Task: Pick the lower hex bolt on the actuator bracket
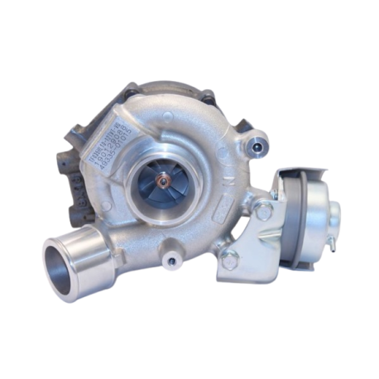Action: [x=231, y=258]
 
